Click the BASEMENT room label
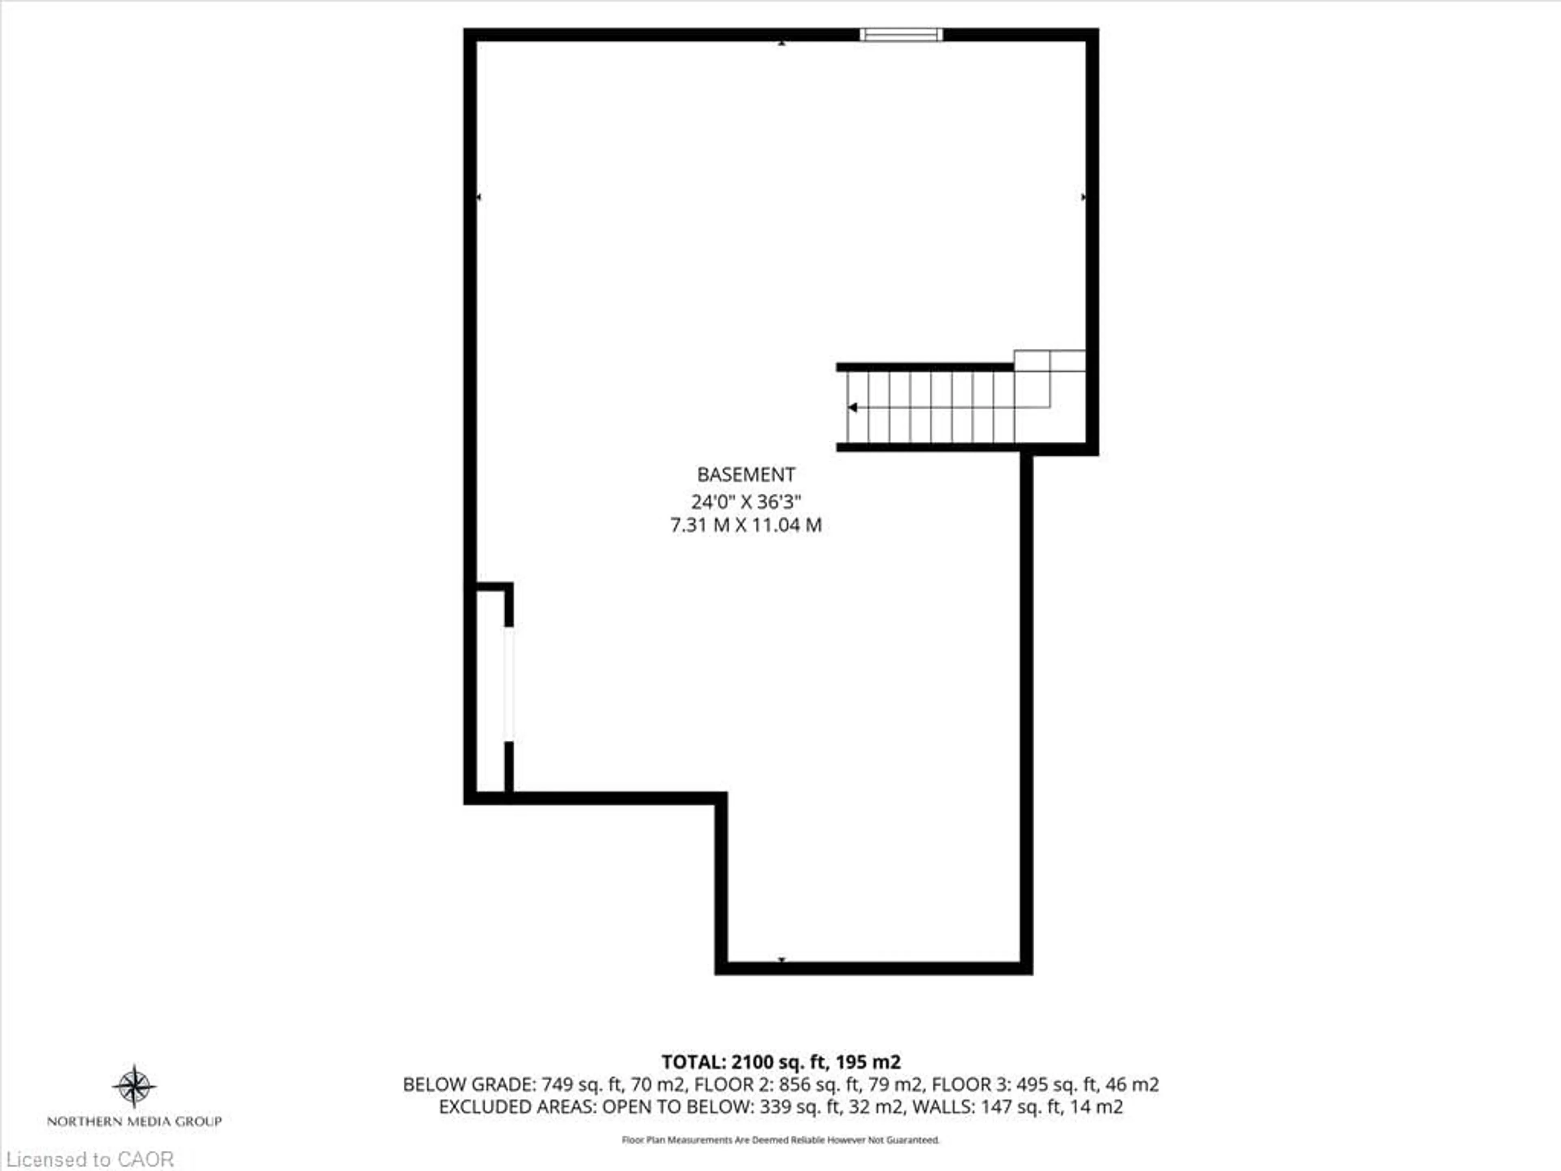coord(746,474)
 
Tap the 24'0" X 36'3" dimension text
coord(746,502)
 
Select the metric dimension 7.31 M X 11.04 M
coord(746,525)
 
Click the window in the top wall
coord(900,35)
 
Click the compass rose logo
coord(134,1086)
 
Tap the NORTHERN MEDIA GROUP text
coord(134,1121)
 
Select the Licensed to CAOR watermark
coord(89,1159)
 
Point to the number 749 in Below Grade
coord(557,1084)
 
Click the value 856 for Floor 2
coord(794,1084)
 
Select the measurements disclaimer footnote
coord(780,1140)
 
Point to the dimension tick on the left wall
coord(479,197)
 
